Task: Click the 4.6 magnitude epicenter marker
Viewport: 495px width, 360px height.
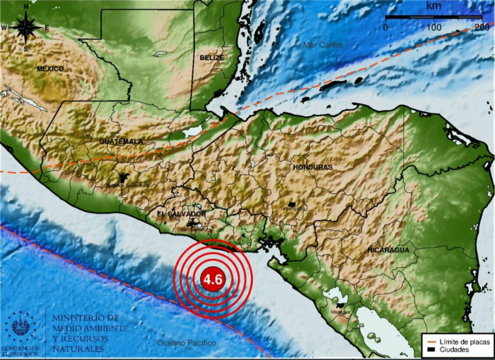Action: coord(213,279)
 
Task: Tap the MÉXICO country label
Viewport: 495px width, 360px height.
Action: coord(50,69)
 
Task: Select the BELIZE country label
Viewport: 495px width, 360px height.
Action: coord(212,58)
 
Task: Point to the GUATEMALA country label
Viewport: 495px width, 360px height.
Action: coord(121,141)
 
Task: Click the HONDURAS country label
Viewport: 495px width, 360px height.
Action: coord(313,167)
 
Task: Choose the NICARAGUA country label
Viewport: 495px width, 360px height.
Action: coord(388,250)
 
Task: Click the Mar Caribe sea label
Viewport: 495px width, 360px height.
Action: coord(323,45)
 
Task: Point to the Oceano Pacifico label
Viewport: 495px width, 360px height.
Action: coord(187,343)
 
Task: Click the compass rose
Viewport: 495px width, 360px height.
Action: coord(26,28)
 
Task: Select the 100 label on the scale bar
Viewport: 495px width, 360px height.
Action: coord(433,27)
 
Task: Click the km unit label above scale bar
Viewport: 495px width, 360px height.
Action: coord(433,6)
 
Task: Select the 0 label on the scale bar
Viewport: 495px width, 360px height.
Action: coord(386,27)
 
